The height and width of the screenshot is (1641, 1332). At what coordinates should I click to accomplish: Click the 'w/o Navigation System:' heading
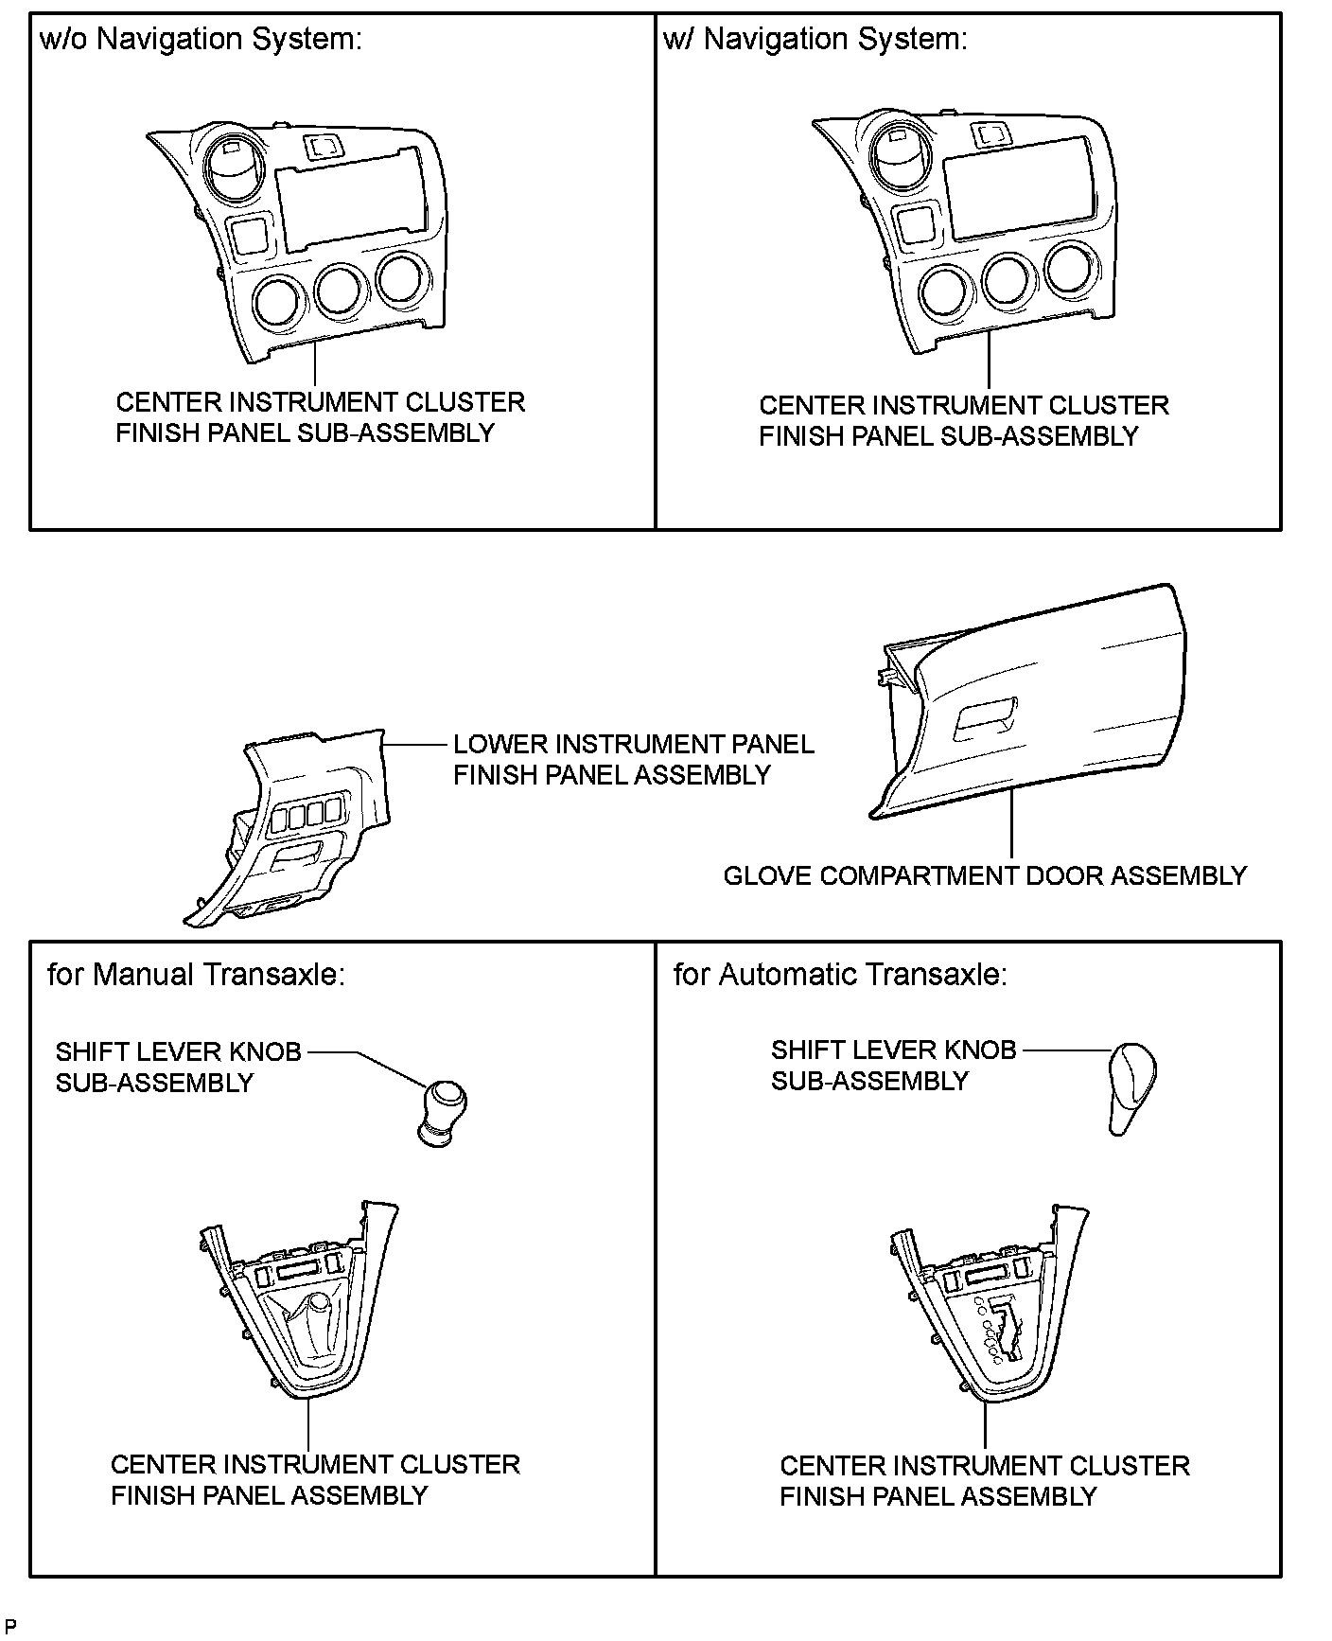(201, 40)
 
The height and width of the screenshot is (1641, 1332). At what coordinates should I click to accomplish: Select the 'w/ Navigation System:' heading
(815, 40)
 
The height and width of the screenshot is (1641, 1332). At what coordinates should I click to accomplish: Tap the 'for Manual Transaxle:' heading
(196, 975)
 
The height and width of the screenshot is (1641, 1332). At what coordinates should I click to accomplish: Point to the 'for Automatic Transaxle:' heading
(840, 975)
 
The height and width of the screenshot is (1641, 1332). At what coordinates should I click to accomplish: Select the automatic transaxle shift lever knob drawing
(1131, 1086)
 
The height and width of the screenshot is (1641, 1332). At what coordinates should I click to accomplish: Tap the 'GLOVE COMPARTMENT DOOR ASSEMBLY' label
(985, 875)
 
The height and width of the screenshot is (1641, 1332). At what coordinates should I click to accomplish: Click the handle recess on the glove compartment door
(985, 718)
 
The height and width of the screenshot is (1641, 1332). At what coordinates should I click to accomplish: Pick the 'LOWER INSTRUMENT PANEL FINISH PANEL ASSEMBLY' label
(633, 759)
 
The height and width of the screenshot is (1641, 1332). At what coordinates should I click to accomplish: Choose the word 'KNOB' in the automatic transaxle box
(984, 1050)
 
